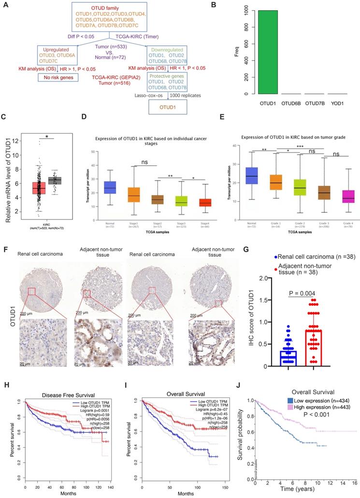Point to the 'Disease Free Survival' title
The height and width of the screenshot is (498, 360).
[60, 384]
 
